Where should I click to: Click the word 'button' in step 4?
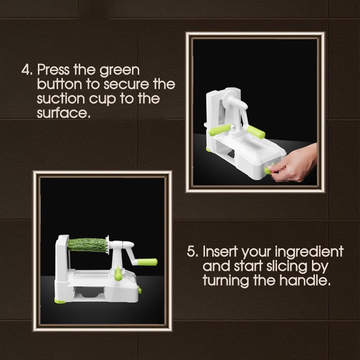[59, 84]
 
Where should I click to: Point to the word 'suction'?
[61, 99]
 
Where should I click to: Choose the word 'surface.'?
[63, 113]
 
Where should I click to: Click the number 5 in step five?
[191, 251]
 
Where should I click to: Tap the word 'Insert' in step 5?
[219, 251]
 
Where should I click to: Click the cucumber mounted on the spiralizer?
[87, 245]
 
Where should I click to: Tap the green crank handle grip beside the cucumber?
[147, 262]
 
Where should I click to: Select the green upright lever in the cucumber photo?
[118, 274]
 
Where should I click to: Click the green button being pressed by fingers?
[268, 170]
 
